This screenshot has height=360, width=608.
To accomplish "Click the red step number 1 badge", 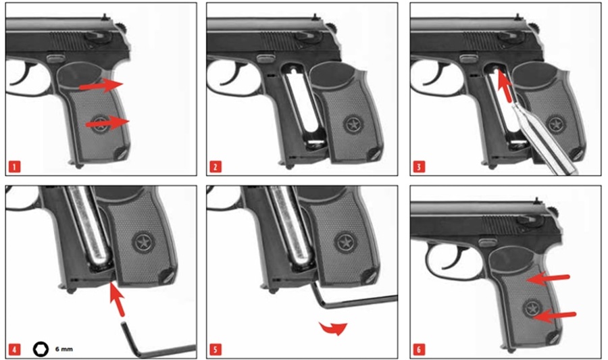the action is pyautogui.click(x=14, y=167).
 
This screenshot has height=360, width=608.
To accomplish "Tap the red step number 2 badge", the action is pyautogui.click(x=216, y=167).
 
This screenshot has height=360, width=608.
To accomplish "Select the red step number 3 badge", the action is pyautogui.click(x=419, y=167).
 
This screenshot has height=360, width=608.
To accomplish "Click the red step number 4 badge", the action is pyautogui.click(x=14, y=350).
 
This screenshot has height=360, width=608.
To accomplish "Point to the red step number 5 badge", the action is pyautogui.click(x=216, y=350).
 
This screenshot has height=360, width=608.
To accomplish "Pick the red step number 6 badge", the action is pyautogui.click(x=419, y=350).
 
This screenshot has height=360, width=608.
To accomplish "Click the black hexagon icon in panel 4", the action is pyautogui.click(x=41, y=349).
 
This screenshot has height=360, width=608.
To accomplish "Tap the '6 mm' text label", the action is pyautogui.click(x=64, y=349).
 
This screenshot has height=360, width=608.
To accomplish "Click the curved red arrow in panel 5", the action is pyautogui.click(x=334, y=328).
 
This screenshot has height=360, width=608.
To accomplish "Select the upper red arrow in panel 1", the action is pyautogui.click(x=101, y=85).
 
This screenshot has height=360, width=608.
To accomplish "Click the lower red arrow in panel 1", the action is pyautogui.click(x=107, y=123).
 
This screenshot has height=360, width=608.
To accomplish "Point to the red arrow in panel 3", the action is pyautogui.click(x=505, y=86).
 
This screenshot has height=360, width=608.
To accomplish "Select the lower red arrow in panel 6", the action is pyautogui.click(x=554, y=315).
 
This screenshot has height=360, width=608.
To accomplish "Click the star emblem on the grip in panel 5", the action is pyautogui.click(x=345, y=243).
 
